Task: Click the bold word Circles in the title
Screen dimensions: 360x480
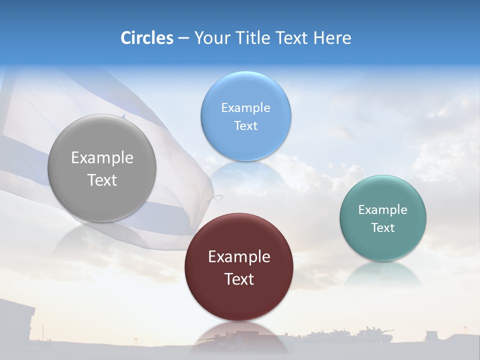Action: tap(147, 38)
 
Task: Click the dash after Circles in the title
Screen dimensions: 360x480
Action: tap(183, 38)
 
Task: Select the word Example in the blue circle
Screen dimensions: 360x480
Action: tap(245, 107)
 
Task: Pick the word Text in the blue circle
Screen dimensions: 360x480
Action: tap(245, 125)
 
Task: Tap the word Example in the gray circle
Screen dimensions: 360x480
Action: tap(102, 158)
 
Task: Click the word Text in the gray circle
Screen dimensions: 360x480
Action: tap(102, 180)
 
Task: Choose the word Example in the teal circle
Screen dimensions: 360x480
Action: tap(382, 209)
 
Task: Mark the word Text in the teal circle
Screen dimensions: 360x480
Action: tap(382, 227)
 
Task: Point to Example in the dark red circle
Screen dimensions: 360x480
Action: tap(239, 257)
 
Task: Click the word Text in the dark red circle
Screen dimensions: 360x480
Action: tap(239, 279)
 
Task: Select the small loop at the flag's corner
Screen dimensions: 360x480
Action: tap(215, 198)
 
